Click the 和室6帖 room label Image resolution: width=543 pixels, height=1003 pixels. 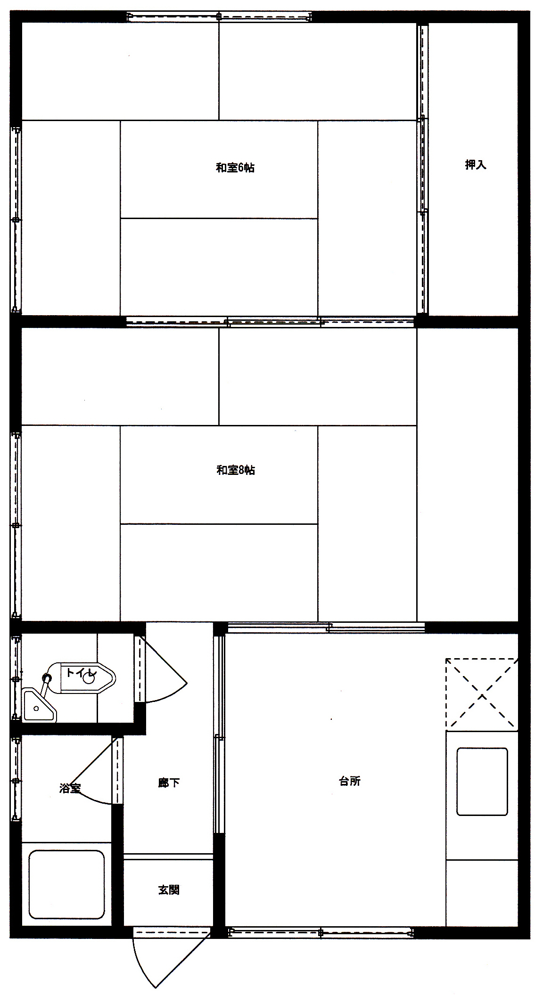[235, 168]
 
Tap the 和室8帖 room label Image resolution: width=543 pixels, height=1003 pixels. [236, 470]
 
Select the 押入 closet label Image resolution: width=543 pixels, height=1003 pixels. [475, 164]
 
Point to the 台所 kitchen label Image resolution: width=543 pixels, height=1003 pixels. [350, 781]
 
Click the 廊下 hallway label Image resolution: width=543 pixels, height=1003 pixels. [169, 783]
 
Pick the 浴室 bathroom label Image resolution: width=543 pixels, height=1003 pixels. [70, 788]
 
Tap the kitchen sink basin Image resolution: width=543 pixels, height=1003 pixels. [482, 782]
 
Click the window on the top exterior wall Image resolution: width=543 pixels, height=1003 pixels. [219, 17]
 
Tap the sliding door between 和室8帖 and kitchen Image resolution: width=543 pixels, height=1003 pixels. [326, 627]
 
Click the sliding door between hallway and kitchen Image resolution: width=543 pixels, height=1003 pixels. [219, 734]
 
